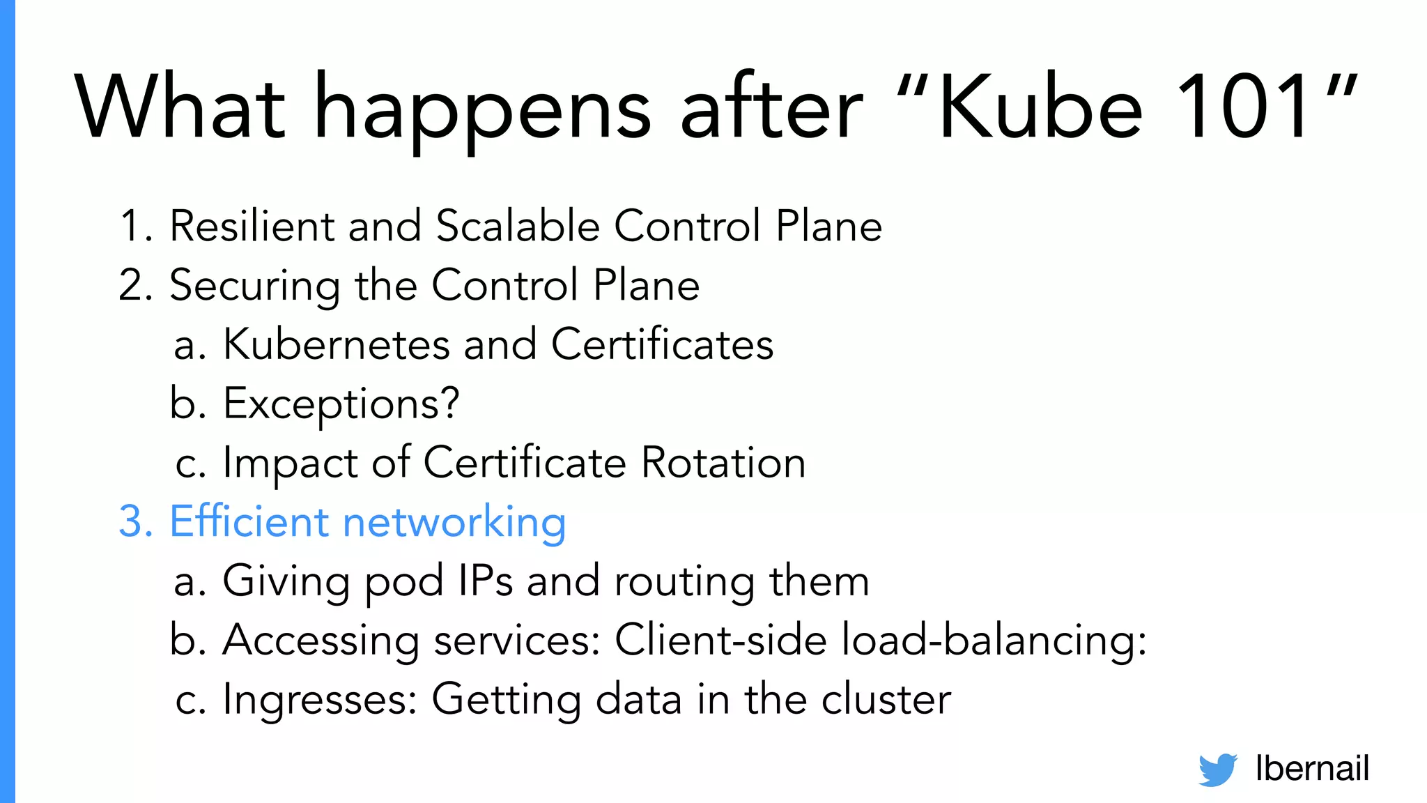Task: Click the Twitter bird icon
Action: tap(1217, 770)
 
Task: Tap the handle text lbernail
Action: tap(1312, 768)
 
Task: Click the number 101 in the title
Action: tap(1244, 108)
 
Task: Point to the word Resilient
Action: tap(252, 226)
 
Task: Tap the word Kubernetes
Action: tap(337, 344)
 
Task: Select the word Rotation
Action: tap(723, 462)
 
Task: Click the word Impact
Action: tap(290, 464)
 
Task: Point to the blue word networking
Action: tap(454, 522)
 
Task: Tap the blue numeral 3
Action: tap(134, 521)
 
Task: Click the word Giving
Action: tap(286, 581)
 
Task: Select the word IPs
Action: tap(486, 581)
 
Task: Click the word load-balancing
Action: tap(993, 640)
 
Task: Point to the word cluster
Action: tap(886, 699)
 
